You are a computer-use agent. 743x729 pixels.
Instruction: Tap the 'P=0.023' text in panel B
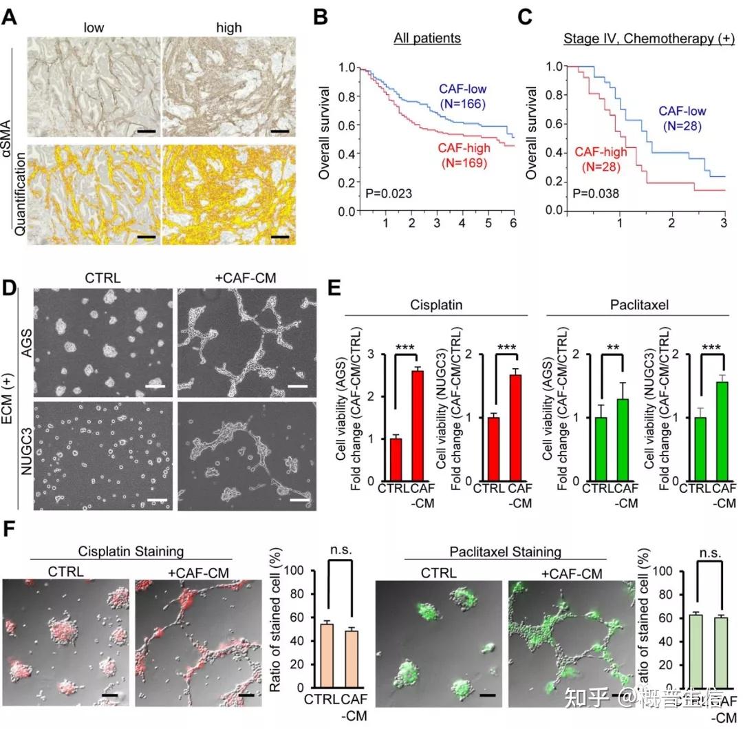click(388, 193)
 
